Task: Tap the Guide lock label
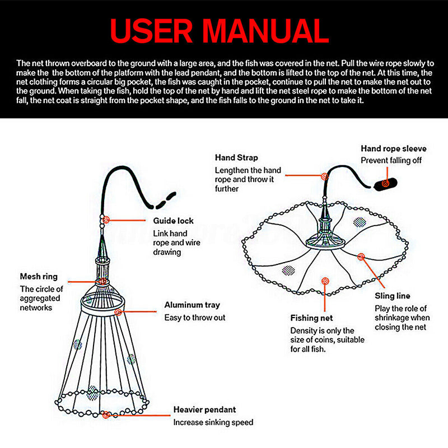[174, 221]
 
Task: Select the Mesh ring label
[39, 277]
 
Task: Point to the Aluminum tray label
[192, 305]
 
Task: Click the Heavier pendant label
[204, 410]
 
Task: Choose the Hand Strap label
[236, 158]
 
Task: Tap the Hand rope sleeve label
[393, 148]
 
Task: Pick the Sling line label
[393, 296]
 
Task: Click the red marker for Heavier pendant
[106, 415]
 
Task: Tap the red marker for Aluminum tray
[118, 312]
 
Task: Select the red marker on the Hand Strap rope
[324, 175]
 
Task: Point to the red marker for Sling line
[361, 256]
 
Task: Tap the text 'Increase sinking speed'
[213, 422]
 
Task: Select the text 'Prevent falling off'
[391, 160]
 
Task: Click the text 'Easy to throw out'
[195, 318]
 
